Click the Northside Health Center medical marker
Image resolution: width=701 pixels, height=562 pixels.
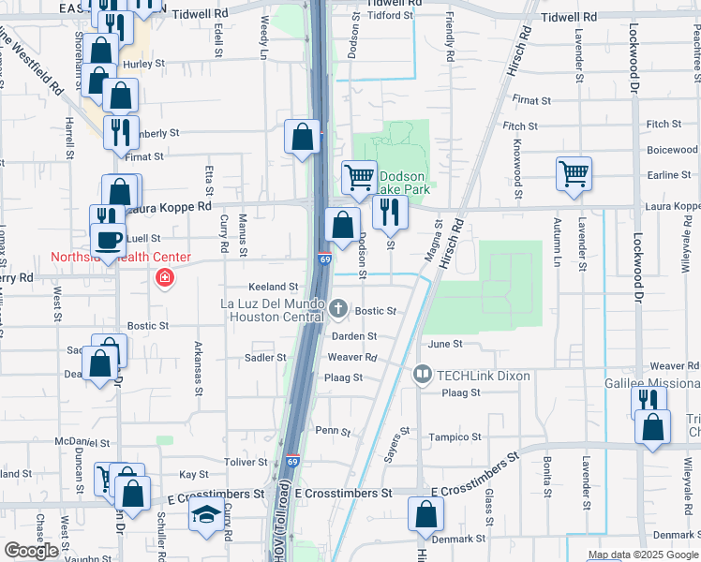tap(165, 278)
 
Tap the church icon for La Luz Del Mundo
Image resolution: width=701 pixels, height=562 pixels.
tap(339, 307)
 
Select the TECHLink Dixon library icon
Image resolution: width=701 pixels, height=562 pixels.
tap(423, 376)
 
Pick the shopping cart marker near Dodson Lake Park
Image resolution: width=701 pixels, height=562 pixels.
tap(359, 176)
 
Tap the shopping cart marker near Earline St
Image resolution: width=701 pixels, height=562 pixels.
tap(574, 172)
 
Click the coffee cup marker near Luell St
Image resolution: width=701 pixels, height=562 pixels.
tap(108, 238)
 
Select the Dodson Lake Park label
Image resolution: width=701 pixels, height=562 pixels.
tap(403, 183)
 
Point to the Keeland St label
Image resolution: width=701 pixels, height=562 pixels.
tap(273, 287)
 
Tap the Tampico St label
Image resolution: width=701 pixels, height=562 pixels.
tap(455, 437)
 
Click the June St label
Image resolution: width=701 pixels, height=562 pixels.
tap(445, 345)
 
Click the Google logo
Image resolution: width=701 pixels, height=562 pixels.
tap(31, 551)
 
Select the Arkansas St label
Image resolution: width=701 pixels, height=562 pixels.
tap(197, 360)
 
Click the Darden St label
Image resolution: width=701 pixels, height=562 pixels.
tap(353, 335)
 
